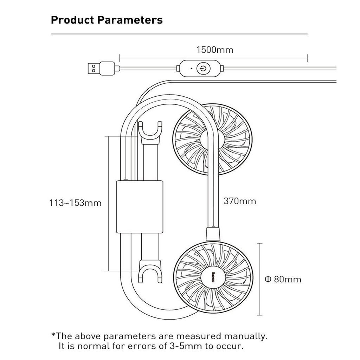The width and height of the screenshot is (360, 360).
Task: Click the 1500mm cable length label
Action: coord(215,50)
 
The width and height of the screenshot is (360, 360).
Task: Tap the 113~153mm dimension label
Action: coord(75,203)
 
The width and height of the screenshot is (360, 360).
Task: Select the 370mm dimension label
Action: coord(240,201)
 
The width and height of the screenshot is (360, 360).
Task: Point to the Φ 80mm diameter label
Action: coord(283,279)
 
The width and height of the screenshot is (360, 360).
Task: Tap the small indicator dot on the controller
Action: coord(191,68)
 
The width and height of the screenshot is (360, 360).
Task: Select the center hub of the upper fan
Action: coord(212,139)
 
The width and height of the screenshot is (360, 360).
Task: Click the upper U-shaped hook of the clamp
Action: coord(150,133)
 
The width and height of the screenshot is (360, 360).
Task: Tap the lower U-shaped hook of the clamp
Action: coord(150,272)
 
